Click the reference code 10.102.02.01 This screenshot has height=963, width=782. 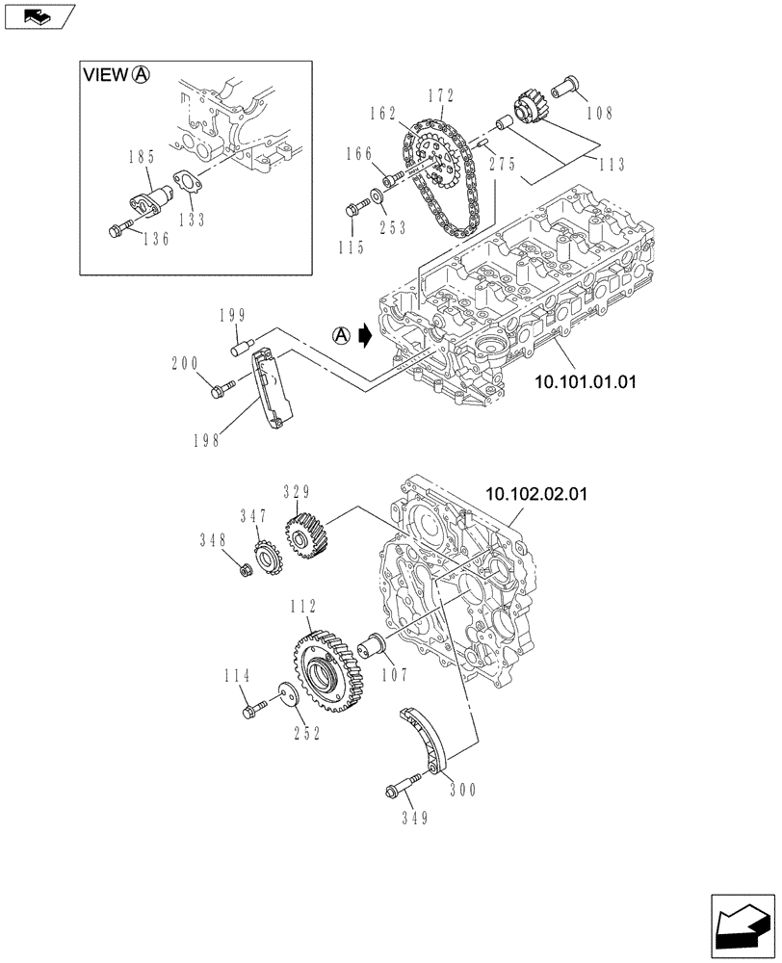click(x=535, y=494)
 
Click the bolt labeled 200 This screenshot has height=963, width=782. click(x=222, y=388)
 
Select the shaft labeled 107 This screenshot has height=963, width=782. click(x=370, y=645)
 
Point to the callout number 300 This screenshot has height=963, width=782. click(x=461, y=788)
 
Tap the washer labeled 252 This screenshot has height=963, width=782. click(x=284, y=696)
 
